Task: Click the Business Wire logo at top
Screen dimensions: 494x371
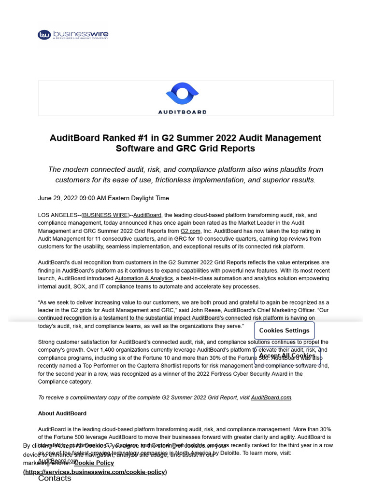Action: pyautogui.click(x=73, y=35)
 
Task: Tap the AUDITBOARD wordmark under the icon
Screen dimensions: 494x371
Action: pyautogui.click(x=182, y=111)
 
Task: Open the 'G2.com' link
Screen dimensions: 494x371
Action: pyautogui.click(x=190, y=231)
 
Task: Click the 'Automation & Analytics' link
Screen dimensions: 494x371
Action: pyautogui.click(x=143, y=278)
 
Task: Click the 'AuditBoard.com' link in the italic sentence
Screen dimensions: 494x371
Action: pyautogui.click(x=271, y=398)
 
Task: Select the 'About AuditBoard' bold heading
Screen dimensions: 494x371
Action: pyautogui.click(x=62, y=413)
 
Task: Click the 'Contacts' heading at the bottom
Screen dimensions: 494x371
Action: pyautogui.click(x=55, y=478)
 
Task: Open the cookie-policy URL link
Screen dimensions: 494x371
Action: pyautogui.click(x=95, y=472)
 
